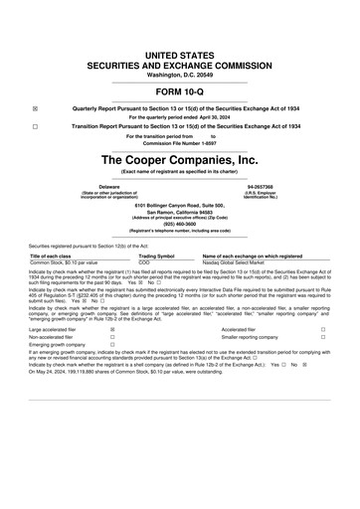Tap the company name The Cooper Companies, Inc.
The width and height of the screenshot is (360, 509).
[180, 158]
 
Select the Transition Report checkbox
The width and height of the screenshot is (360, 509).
[35, 128]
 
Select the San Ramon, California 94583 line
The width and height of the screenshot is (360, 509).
[180, 212]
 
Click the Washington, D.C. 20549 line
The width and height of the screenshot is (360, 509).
[180, 48]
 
